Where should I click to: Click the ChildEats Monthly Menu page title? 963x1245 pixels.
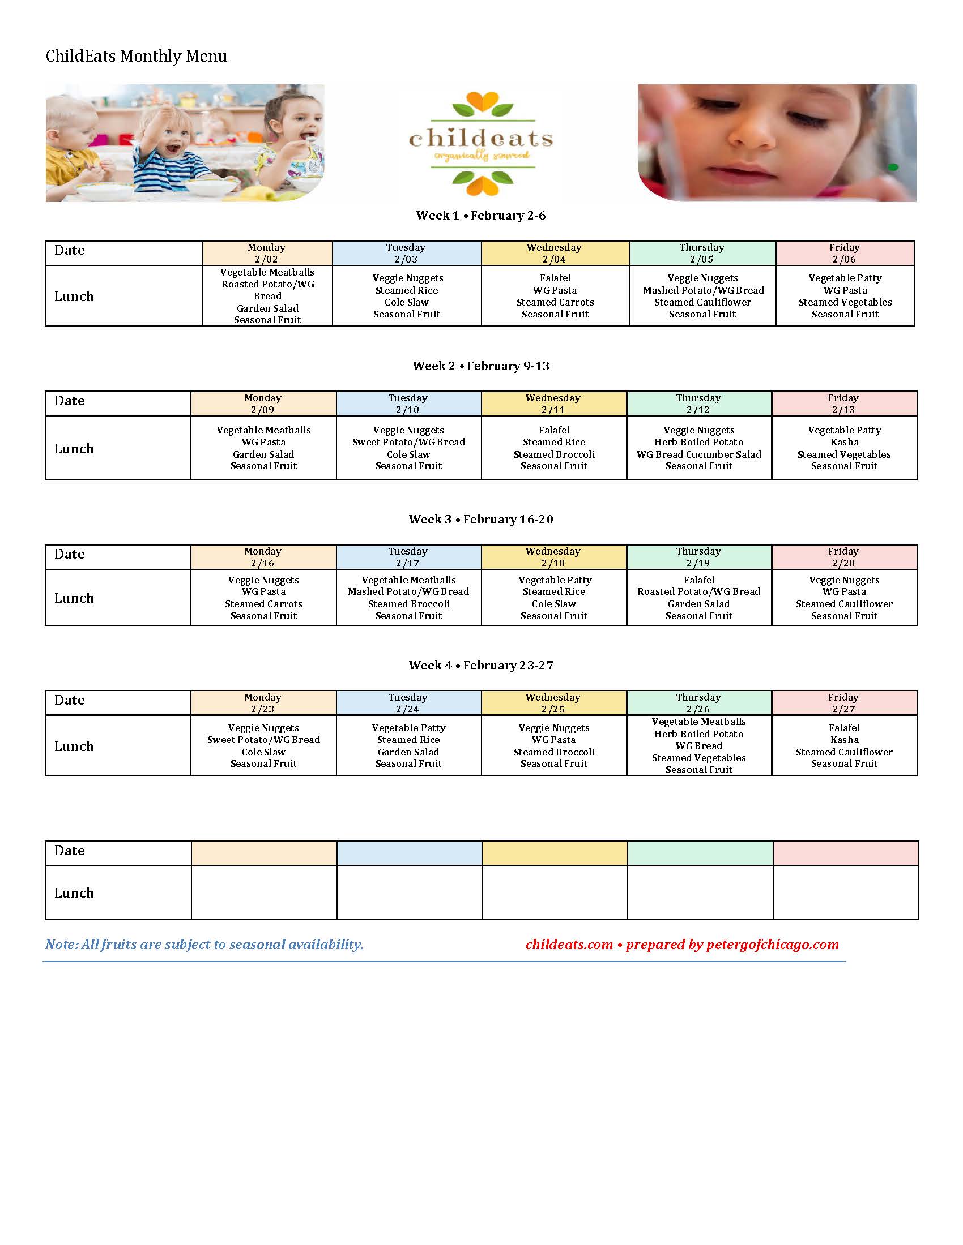(x=137, y=56)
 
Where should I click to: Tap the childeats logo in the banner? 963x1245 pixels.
(x=481, y=143)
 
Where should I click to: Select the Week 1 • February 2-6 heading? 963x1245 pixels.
(x=481, y=216)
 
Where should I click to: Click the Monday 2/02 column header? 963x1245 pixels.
(x=267, y=253)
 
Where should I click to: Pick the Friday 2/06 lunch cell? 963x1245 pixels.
(x=845, y=296)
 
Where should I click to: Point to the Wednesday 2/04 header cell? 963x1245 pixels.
(x=555, y=253)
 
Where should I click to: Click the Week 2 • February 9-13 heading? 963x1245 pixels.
(x=481, y=366)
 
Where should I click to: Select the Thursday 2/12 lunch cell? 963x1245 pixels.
(x=699, y=448)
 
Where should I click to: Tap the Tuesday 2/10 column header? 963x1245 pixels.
(x=408, y=403)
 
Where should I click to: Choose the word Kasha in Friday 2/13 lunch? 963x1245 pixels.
(x=845, y=443)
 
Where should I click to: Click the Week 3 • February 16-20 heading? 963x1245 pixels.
(x=481, y=520)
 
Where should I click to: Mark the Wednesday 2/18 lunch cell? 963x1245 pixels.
(x=554, y=598)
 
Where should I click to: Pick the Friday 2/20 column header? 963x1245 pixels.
(x=844, y=557)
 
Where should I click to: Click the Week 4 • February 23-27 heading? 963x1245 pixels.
(x=481, y=666)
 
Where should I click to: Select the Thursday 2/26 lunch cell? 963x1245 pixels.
(x=699, y=745)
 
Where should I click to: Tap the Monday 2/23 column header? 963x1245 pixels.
(x=263, y=703)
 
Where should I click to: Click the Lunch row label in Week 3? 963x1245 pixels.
(x=74, y=598)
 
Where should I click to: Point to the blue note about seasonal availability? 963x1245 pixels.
(x=204, y=945)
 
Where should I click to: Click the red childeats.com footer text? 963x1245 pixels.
(x=569, y=945)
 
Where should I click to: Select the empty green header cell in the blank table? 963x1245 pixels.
(x=700, y=853)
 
